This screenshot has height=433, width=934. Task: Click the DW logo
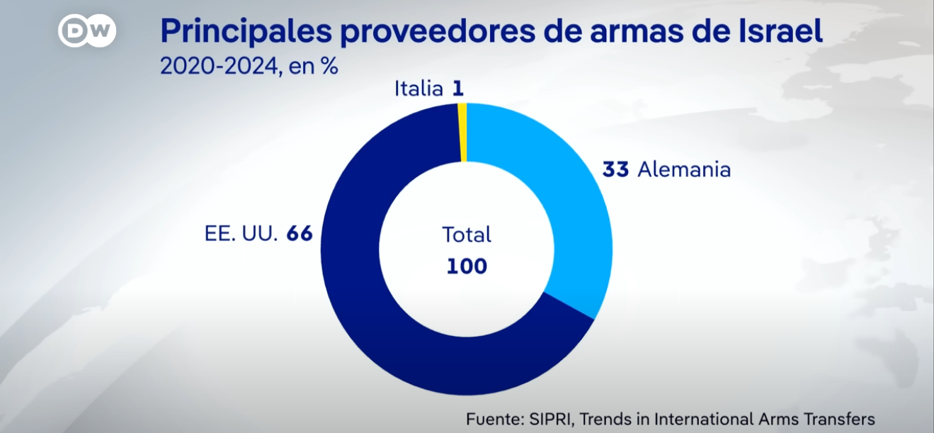click(x=86, y=30)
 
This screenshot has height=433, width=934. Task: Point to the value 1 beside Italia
click(x=458, y=89)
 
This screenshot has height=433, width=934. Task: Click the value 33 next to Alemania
click(x=616, y=170)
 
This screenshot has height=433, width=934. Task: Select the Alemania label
click(x=684, y=170)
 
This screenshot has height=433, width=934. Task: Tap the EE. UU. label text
click(x=239, y=234)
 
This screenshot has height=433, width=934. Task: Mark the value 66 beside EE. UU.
click(x=300, y=234)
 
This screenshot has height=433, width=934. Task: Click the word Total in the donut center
click(x=467, y=235)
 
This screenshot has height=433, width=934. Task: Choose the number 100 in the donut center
click(x=467, y=266)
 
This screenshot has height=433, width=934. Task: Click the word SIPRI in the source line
click(x=549, y=418)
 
